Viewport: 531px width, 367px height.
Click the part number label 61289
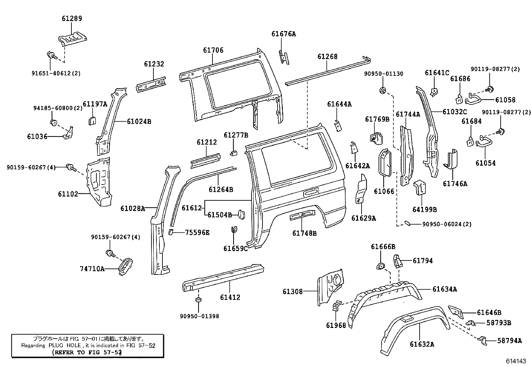point(72,19)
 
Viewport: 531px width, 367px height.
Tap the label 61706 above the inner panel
point(213,50)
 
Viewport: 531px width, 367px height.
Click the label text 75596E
point(197,233)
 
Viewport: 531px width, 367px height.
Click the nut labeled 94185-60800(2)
point(53,122)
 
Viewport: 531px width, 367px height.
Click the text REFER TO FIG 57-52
point(87,352)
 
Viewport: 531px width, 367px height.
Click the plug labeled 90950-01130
point(383,89)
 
